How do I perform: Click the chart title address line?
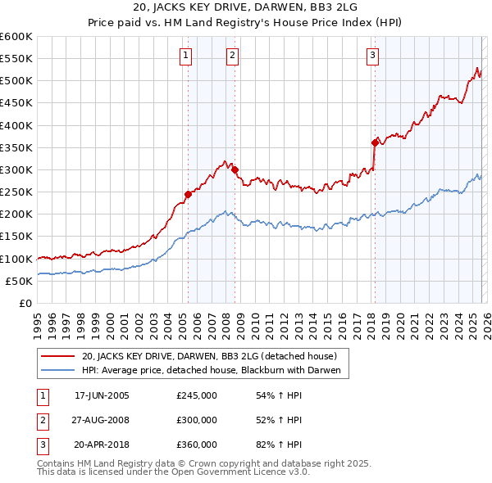[245, 8]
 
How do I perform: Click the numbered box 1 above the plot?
[186, 56]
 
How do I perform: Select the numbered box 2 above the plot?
[233, 56]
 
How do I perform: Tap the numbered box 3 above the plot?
[372, 56]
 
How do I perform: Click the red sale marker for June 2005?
[188, 194]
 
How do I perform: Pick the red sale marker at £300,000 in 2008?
[235, 170]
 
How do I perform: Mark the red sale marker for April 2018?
[375, 143]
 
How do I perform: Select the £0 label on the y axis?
[25, 303]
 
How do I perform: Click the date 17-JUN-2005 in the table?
[102, 395]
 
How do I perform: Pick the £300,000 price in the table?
[197, 420]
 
